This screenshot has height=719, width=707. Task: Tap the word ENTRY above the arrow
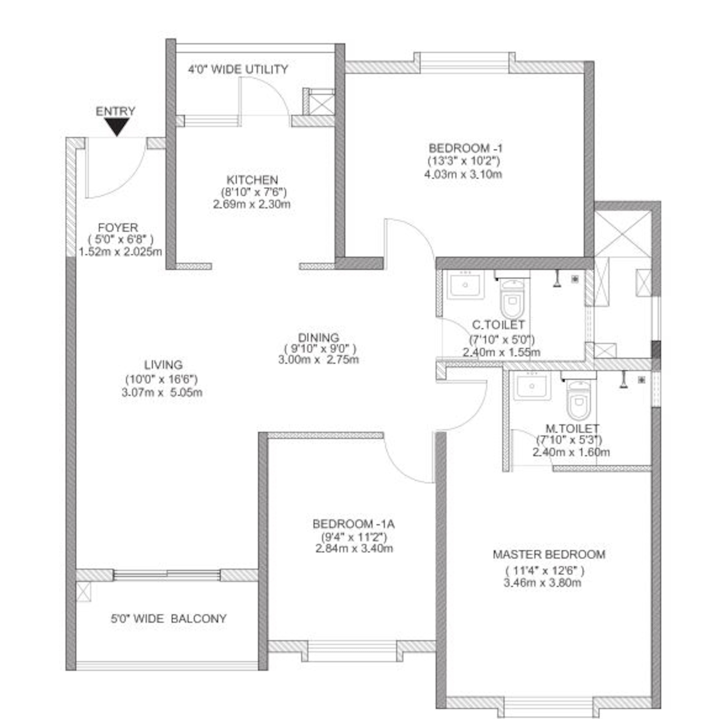click(116, 111)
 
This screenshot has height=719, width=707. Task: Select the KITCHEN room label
click(252, 180)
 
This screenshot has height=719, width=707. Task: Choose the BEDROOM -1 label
click(465, 149)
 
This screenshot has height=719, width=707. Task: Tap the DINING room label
click(319, 337)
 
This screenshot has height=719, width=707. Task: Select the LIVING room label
click(163, 365)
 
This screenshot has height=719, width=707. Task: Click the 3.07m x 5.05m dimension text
click(162, 392)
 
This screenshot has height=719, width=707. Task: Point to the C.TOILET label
click(498, 325)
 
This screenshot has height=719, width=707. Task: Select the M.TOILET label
click(572, 429)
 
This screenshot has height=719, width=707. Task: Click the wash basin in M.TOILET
click(532, 386)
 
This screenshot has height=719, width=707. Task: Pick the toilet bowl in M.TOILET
click(578, 399)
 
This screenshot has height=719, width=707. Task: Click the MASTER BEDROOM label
click(549, 554)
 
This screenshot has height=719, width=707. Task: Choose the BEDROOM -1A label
click(353, 524)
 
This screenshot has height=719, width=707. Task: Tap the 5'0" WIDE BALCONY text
click(169, 619)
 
